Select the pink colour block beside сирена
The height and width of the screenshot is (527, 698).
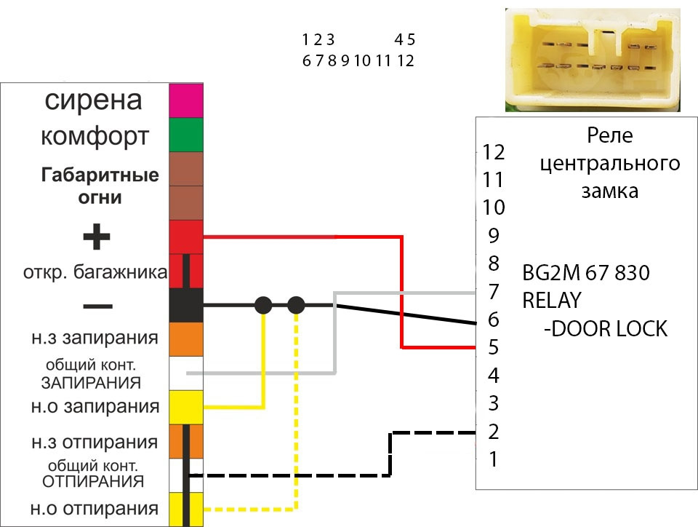(186, 100)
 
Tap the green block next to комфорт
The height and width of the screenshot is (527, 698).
(186, 135)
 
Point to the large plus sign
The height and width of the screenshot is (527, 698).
(97, 237)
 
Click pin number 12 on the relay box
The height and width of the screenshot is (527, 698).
(494, 152)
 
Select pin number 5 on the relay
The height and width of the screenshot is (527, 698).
(494, 348)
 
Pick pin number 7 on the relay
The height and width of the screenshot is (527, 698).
(494, 292)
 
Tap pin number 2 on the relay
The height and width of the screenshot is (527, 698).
(494, 432)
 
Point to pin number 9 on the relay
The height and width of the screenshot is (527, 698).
(494, 236)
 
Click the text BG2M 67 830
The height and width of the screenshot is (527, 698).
(586, 274)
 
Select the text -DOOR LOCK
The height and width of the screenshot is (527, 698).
(605, 329)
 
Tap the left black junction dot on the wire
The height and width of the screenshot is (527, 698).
(263, 306)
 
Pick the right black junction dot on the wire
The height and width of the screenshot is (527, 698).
(295, 306)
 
